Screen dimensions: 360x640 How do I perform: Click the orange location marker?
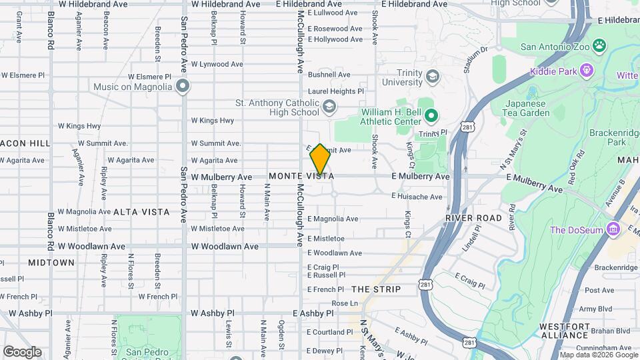click(320, 159)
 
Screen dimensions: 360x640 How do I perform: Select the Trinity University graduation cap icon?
click(431, 77)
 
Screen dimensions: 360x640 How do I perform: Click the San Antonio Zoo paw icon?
click(600, 46)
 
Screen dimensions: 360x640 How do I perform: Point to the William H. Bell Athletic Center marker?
click(431, 117)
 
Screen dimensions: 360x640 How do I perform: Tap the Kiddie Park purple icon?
click(586, 69)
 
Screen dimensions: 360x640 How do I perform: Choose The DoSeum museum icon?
click(614, 230)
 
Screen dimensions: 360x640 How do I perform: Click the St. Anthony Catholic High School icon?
click(329, 107)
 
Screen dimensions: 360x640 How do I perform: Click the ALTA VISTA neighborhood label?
click(141, 212)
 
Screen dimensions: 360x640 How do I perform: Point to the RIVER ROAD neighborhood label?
click(473, 218)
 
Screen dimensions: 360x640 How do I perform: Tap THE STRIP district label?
click(376, 289)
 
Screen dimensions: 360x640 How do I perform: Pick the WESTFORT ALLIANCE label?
click(565, 331)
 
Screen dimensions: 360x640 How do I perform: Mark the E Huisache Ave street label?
click(417, 197)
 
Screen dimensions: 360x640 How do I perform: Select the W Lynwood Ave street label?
click(217, 64)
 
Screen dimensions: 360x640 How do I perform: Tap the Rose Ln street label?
click(345, 303)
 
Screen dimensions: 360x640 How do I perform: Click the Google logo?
click(22, 351)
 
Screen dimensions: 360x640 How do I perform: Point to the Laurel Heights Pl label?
click(335, 91)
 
